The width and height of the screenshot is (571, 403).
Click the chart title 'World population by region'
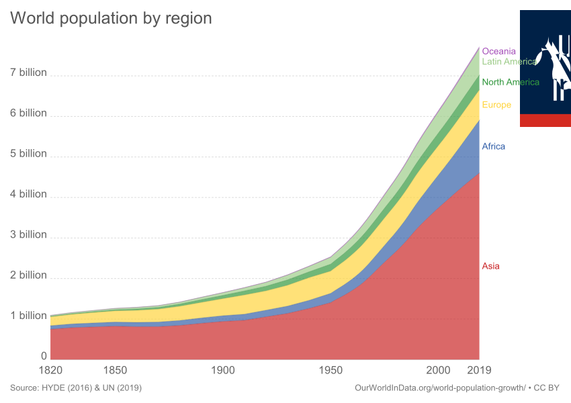coord(111,19)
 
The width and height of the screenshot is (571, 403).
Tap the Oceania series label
coord(499,50)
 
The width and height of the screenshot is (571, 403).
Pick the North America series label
coord(511,83)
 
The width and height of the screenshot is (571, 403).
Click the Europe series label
coord(496,105)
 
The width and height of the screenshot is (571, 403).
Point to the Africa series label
coord(493,147)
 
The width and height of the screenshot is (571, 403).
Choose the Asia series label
coord(490,267)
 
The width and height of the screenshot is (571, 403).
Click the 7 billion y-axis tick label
coord(28,73)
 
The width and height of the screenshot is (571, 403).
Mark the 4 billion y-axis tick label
coord(28,194)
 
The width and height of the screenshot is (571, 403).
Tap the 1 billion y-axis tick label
coord(28,316)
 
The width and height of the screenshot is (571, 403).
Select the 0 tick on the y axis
coord(44,356)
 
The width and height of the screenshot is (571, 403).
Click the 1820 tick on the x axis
coord(50,370)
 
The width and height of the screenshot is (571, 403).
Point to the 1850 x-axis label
coord(115,370)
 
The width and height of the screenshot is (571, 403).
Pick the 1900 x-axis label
coord(223,370)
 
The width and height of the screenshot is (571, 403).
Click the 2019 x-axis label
coord(480,370)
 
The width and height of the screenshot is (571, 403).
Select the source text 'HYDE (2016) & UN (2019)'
coord(91,388)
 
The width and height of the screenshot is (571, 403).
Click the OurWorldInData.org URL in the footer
coord(440,388)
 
